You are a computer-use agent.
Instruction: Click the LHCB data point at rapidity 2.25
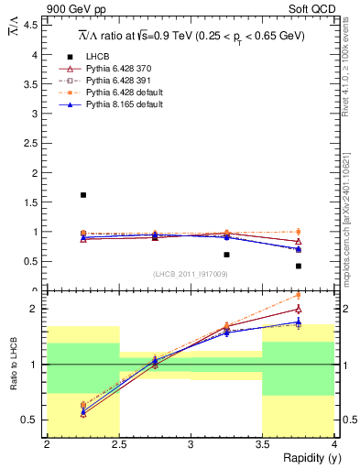(83, 195)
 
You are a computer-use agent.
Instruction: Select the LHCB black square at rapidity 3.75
(299, 266)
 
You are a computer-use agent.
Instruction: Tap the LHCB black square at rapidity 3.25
(226, 255)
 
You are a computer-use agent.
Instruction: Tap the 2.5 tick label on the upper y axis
(32, 143)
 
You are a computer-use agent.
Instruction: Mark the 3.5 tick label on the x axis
(262, 445)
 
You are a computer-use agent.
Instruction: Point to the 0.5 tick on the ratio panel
(32, 420)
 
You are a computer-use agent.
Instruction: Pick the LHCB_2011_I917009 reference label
(190, 274)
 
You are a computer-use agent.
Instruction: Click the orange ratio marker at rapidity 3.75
(299, 295)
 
